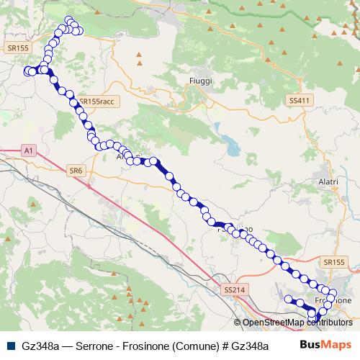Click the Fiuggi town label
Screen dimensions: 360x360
[200, 81]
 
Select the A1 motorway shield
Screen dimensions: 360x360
[27, 151]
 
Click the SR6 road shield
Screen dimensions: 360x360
[76, 170]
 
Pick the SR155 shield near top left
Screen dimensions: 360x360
[19, 48]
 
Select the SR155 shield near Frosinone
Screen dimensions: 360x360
[335, 264]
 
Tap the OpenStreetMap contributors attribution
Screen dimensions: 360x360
[295, 323]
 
